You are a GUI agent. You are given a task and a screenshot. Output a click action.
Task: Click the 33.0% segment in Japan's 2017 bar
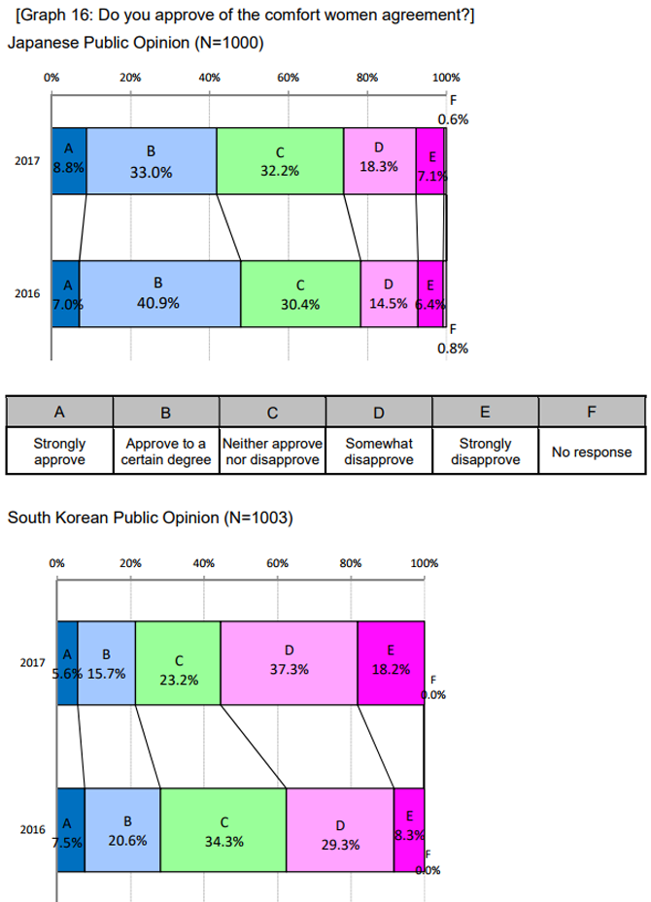pyautogui.click(x=151, y=161)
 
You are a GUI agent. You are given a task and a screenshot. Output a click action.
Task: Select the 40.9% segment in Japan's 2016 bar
pyautogui.click(x=159, y=293)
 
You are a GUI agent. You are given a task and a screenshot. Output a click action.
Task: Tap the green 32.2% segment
pyautogui.click(x=280, y=161)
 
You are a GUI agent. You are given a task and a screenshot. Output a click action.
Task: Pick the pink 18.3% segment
pyautogui.click(x=379, y=161)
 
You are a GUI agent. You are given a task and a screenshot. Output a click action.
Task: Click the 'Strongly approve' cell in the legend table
pyautogui.click(x=59, y=451)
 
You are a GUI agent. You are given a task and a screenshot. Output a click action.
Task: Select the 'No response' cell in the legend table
pyautogui.click(x=591, y=451)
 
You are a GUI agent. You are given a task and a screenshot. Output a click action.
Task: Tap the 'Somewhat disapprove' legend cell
pyautogui.click(x=379, y=451)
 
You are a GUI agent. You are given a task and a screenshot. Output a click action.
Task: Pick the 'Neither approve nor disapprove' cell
pyautogui.click(x=272, y=451)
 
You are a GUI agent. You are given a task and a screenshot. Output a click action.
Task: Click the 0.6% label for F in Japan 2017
pyautogui.click(x=454, y=119)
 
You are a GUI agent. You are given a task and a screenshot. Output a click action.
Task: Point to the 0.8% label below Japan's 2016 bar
pyautogui.click(x=454, y=349)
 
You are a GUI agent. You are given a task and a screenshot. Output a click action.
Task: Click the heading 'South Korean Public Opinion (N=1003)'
pyautogui.click(x=150, y=518)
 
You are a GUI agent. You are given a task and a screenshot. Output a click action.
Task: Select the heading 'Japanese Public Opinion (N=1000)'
pyautogui.click(x=135, y=43)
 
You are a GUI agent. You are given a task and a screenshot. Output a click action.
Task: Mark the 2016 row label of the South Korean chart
pyautogui.click(x=33, y=830)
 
